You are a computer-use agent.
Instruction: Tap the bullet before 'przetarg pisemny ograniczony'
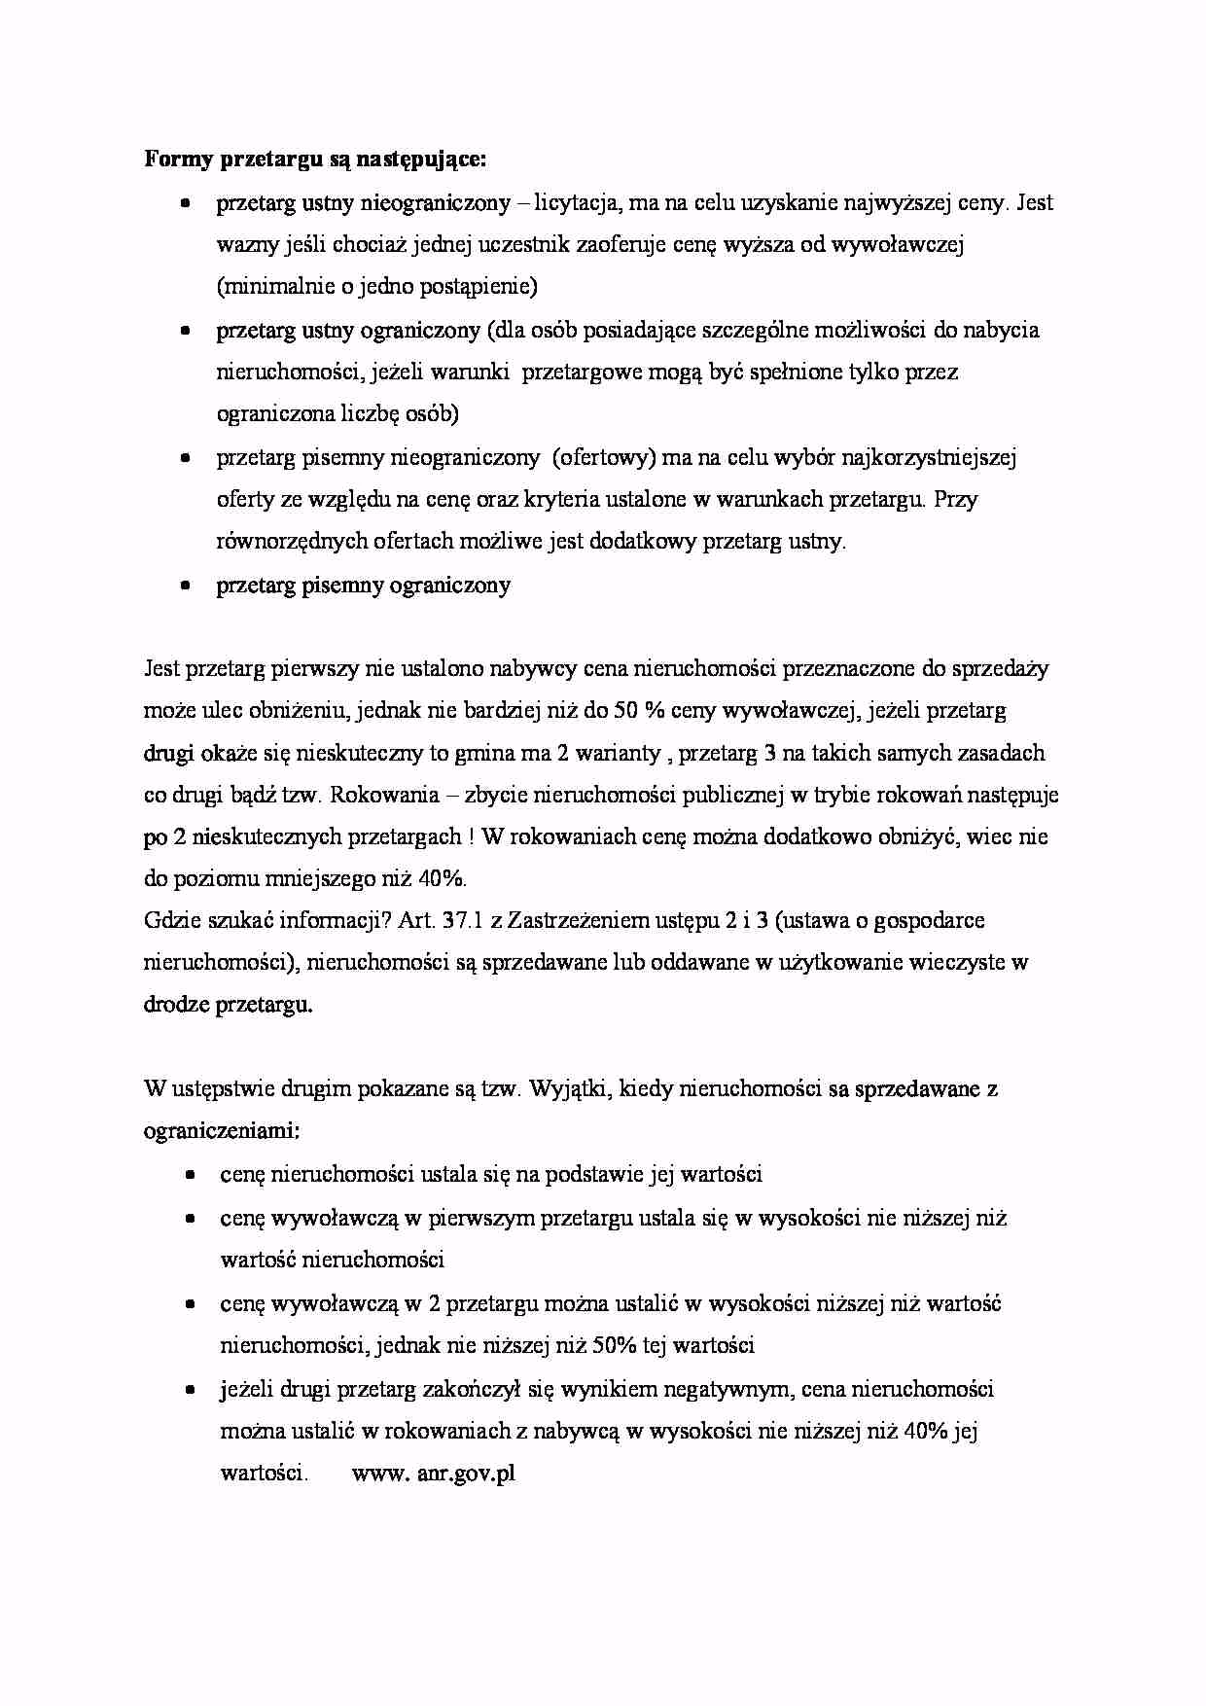tap(185, 586)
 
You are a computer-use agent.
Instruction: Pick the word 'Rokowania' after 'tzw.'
tap(375, 795)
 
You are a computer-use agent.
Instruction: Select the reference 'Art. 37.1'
tap(439, 921)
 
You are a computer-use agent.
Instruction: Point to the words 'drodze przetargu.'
tap(229, 1005)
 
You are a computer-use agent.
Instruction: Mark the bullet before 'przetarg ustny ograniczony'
tap(185, 331)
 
